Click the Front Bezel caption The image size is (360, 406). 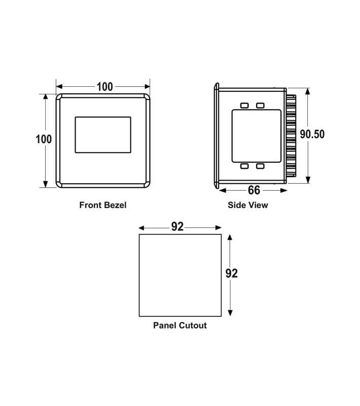click(x=102, y=206)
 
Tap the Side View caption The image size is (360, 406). click(x=248, y=206)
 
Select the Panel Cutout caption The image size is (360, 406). click(x=180, y=325)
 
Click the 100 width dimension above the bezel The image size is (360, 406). click(x=104, y=87)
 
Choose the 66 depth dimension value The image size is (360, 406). click(x=254, y=190)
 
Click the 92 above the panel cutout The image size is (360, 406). click(x=177, y=227)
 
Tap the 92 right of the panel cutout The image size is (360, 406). click(x=231, y=274)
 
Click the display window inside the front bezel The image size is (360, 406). click(x=103, y=134)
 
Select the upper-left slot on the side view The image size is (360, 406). click(x=244, y=106)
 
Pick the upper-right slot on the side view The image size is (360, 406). click(x=260, y=106)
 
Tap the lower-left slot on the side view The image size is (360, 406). click(x=244, y=166)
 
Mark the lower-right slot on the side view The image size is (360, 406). click(x=260, y=166)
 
